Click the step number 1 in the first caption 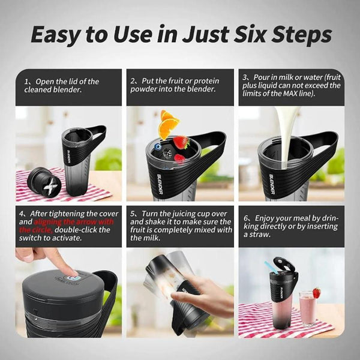[x=27, y=81]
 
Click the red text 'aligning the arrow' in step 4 [x=66, y=221]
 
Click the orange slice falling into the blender [x=169, y=125]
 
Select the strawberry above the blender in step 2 [x=181, y=142]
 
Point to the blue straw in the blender [x=268, y=267]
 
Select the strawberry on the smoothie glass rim [x=316, y=292]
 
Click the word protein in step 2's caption [x=203, y=81]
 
